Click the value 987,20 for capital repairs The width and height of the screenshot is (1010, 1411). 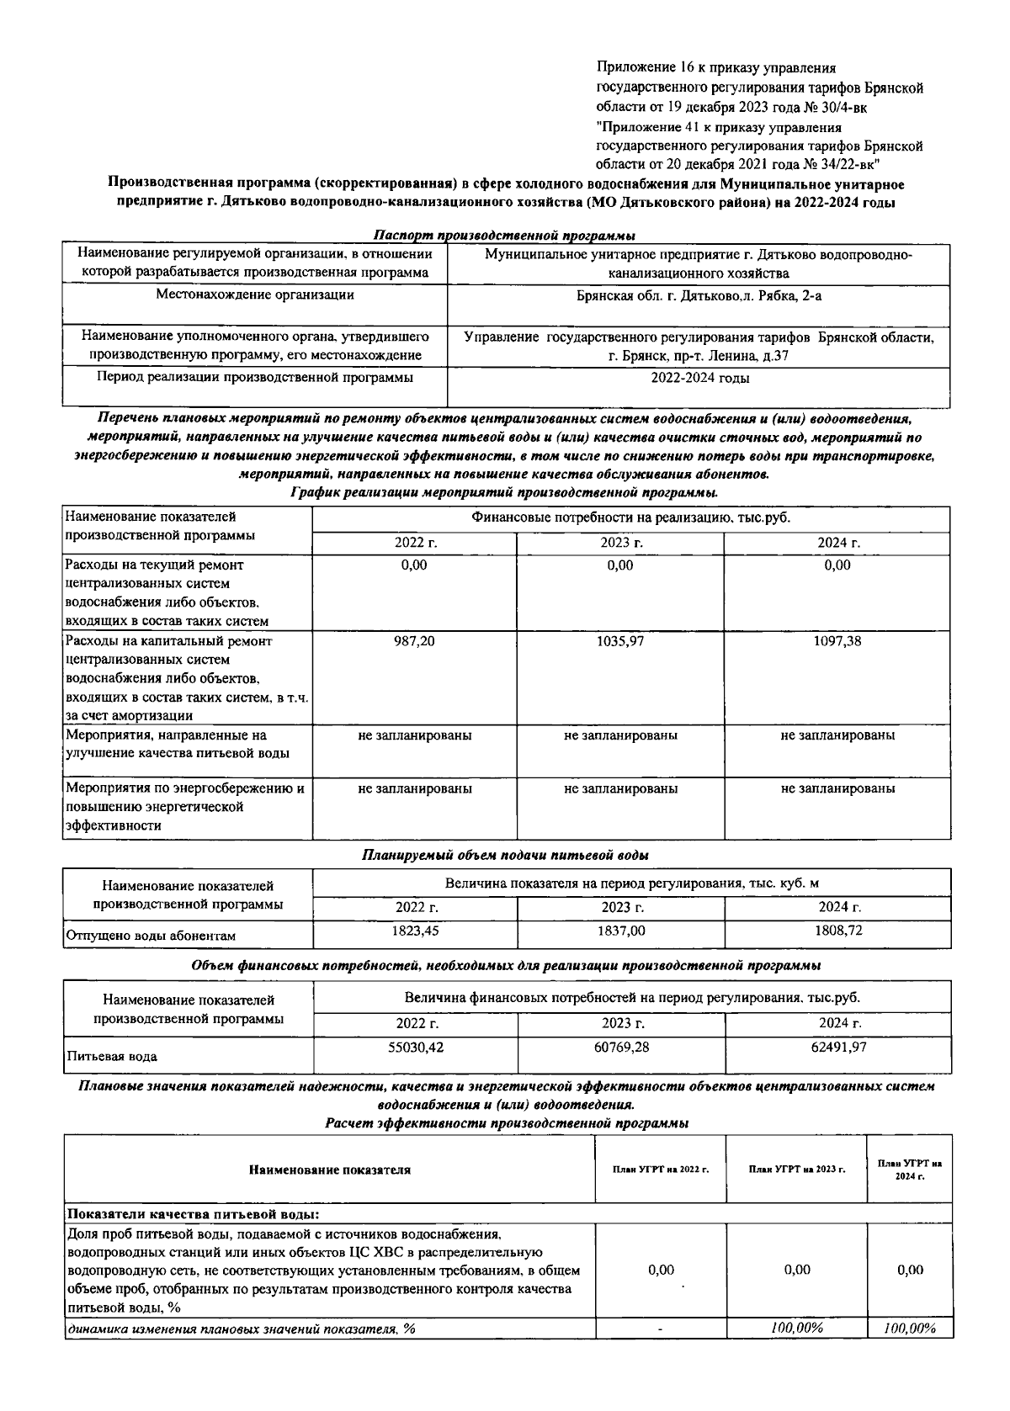(x=414, y=641)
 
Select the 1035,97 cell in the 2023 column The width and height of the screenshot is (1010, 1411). (x=620, y=641)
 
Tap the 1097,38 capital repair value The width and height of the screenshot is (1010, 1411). (x=837, y=641)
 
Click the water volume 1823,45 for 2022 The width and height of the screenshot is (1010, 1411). (x=416, y=931)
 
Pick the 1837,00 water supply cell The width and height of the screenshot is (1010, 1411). (x=622, y=931)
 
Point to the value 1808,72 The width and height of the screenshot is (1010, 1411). (x=838, y=931)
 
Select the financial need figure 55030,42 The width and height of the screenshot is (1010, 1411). (x=416, y=1047)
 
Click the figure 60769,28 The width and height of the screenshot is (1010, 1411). (x=622, y=1047)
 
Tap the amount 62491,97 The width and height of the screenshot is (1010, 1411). (x=838, y=1047)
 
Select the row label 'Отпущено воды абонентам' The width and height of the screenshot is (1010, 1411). (x=151, y=936)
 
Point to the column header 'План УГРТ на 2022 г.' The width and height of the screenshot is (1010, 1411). (x=661, y=1170)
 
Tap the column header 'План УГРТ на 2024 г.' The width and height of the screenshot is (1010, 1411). (x=909, y=1169)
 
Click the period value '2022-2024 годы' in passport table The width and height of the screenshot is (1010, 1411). (x=699, y=378)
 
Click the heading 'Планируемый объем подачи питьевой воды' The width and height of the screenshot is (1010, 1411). (x=505, y=855)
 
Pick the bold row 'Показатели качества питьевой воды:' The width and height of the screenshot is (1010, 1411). (x=193, y=1214)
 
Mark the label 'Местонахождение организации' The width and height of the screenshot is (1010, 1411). (x=255, y=295)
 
